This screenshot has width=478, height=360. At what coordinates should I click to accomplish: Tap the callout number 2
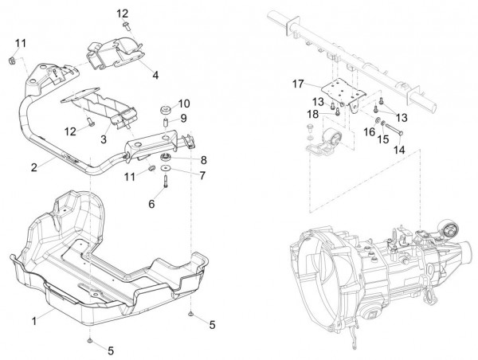[35, 167]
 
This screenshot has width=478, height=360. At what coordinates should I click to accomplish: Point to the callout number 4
[155, 75]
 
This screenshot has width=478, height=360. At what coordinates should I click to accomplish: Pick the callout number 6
[151, 204]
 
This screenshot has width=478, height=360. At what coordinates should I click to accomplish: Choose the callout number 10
[185, 103]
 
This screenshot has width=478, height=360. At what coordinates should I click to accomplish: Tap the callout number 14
[399, 148]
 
